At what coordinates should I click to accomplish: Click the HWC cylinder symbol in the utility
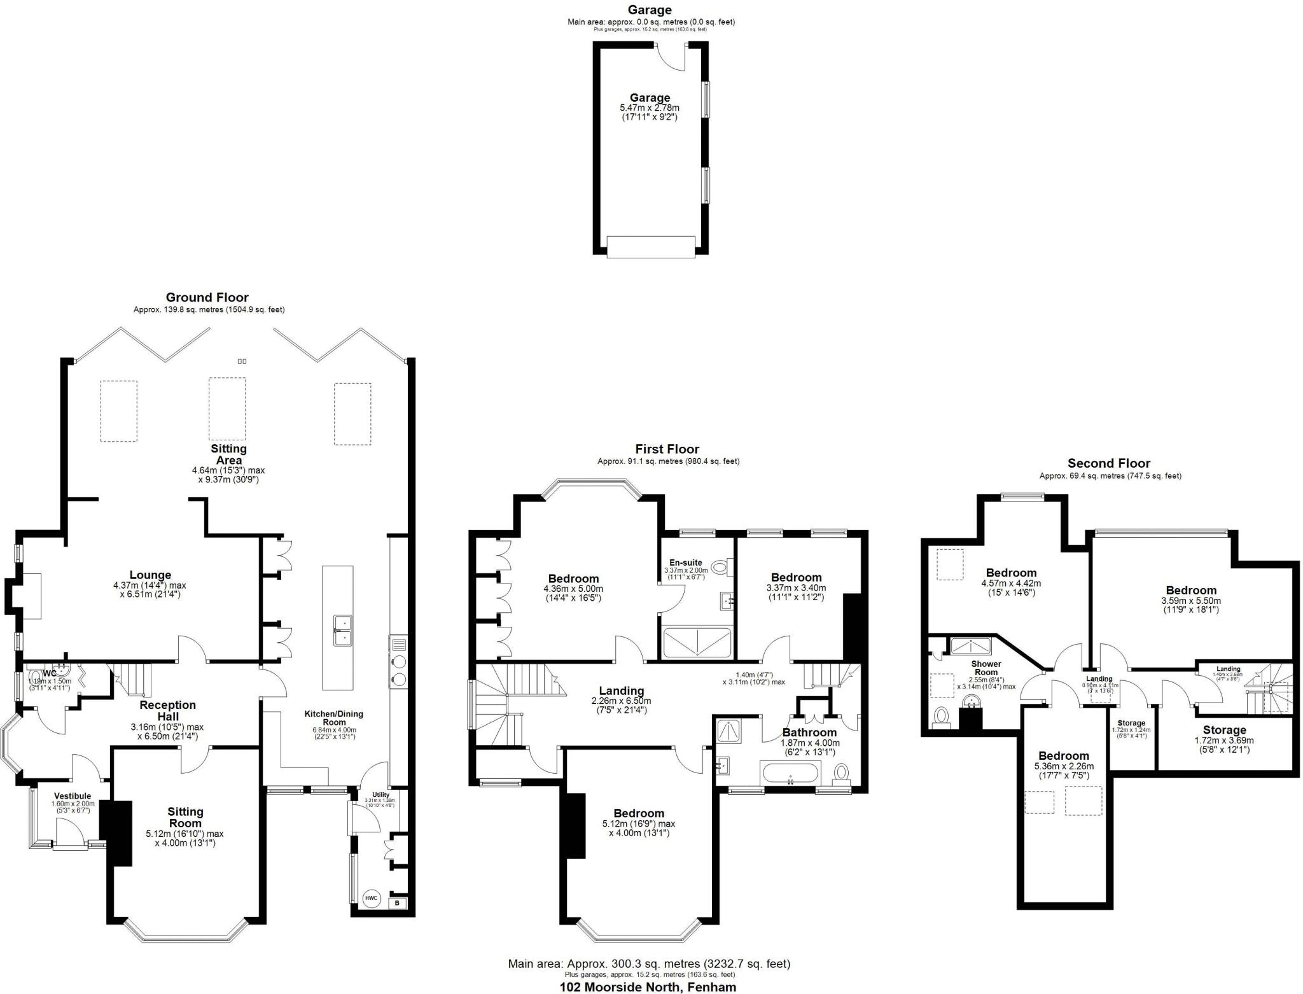tap(371, 899)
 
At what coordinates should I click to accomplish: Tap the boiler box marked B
tap(398, 903)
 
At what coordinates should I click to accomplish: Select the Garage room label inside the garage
tap(650, 98)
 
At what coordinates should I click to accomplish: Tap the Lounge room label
tap(150, 575)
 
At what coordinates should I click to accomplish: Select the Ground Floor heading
tap(207, 297)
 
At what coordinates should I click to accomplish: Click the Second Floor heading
tap(1108, 463)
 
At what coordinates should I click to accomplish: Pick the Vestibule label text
tap(73, 796)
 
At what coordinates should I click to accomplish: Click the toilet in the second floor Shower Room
tap(941, 717)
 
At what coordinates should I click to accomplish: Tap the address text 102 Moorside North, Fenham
tap(648, 987)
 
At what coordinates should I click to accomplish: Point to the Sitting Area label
tap(229, 454)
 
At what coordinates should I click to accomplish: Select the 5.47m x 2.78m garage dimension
tap(650, 108)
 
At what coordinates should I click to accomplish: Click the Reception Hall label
tap(168, 710)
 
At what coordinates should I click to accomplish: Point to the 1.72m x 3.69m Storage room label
tap(1224, 730)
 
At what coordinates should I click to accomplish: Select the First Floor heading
tap(667, 449)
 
